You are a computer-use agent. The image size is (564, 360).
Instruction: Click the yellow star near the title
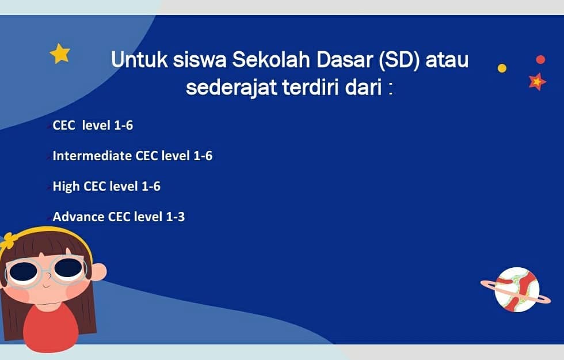tap(60, 53)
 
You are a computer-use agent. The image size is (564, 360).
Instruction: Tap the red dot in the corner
tap(540, 59)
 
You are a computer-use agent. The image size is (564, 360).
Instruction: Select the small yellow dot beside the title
tap(502, 68)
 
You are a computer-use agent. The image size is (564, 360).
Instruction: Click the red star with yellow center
tap(537, 82)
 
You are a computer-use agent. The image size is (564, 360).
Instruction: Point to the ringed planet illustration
tap(516, 289)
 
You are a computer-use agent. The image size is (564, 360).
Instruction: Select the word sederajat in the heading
tap(231, 88)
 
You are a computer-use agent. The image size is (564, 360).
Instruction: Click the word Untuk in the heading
tap(139, 60)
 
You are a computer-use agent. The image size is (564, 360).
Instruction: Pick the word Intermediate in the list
tap(92, 156)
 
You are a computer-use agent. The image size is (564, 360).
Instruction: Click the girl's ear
tap(98, 272)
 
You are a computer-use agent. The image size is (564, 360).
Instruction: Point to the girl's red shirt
tap(51, 328)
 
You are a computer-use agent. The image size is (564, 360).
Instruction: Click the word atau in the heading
tap(447, 60)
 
